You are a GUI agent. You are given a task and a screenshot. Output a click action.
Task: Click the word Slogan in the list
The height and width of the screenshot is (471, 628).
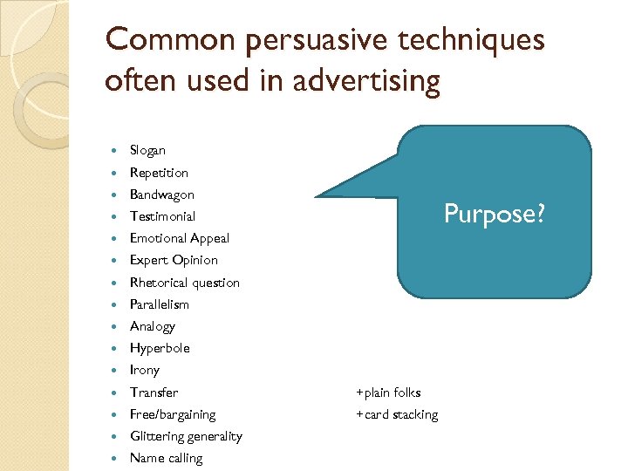pos(147,151)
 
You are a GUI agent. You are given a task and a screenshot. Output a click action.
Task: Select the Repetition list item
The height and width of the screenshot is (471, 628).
pos(159,173)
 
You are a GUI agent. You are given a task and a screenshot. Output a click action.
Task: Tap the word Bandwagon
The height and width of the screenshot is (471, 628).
pos(162,195)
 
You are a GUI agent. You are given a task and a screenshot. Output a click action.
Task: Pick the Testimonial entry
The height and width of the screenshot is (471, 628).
pos(162,216)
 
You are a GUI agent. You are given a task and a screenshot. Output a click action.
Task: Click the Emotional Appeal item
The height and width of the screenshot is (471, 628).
pos(180,238)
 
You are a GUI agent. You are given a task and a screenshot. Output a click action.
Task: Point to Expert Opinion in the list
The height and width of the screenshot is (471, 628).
pos(174,260)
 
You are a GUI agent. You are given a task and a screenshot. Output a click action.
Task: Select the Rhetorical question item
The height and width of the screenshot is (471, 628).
pos(184,283)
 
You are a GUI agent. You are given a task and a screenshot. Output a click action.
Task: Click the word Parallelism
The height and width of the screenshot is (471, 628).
pos(159,304)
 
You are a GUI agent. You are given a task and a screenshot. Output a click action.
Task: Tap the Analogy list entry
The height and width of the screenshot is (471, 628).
pos(153,326)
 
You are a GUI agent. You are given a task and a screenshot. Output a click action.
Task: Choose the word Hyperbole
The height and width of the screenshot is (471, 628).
pos(160,348)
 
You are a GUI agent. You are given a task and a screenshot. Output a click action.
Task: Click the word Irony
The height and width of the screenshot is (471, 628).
pos(145,370)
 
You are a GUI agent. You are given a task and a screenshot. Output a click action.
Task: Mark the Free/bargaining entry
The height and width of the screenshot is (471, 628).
pos(173,414)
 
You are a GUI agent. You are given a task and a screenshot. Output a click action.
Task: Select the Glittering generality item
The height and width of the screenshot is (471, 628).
pos(186,436)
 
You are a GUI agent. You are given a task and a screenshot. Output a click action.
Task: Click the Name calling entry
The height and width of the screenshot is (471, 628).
pos(166,458)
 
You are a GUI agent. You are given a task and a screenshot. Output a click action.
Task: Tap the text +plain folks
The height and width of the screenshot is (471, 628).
pos(388,392)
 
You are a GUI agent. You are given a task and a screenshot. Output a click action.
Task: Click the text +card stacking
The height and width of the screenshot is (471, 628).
pos(397,414)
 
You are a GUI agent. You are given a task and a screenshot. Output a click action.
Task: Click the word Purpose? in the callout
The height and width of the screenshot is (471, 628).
pos(494,213)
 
